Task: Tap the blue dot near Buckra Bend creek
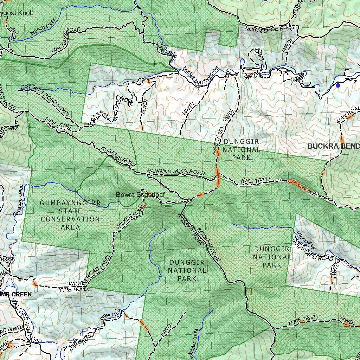[338, 85]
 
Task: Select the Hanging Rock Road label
[175, 172]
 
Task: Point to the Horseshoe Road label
[269, 28]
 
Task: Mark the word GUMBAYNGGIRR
[70, 203]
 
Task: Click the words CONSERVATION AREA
[70, 223]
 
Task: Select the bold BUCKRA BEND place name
[334, 146]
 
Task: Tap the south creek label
[306, 240]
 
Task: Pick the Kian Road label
[348, 116]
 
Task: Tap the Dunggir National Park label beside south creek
[272, 257]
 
